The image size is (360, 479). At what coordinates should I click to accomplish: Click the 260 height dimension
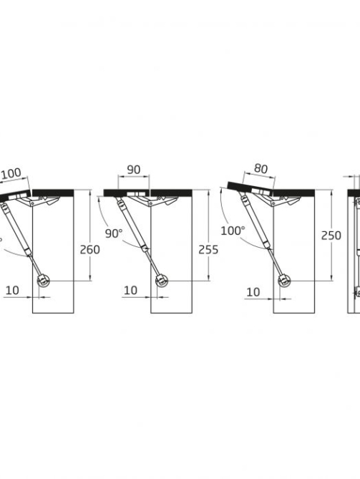point(89,250)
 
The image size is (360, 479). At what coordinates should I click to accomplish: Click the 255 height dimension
point(208,250)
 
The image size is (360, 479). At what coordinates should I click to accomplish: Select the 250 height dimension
point(331,236)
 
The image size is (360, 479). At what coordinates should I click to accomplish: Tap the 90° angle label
point(114,233)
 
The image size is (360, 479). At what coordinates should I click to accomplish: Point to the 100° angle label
point(233,231)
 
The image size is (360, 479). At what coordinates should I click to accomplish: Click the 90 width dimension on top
point(134,170)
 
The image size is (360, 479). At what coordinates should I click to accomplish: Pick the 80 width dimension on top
point(261,169)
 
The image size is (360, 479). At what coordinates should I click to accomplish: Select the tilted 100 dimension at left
point(11,173)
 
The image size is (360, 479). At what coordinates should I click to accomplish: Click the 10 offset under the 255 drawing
point(130,290)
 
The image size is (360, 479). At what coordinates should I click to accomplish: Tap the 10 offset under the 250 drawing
point(253,292)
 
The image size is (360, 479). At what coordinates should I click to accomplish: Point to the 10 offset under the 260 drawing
point(12,290)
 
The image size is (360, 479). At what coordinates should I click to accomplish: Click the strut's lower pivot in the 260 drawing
point(43,281)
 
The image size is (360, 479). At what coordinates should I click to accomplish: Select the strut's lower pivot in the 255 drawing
point(161,281)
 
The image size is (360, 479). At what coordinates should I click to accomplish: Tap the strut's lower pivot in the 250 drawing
point(284,281)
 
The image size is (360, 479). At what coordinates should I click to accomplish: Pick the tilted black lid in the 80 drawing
point(250,189)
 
